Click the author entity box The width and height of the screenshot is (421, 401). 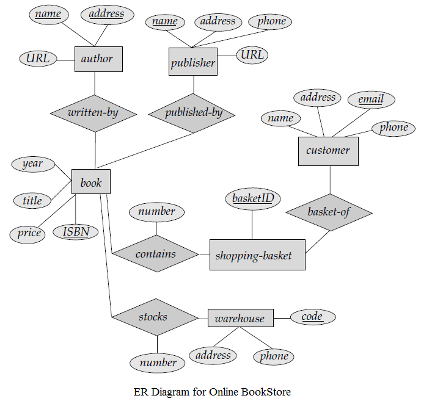(x=98, y=59)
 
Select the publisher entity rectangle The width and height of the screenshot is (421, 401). (x=192, y=62)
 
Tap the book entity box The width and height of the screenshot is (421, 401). (x=90, y=182)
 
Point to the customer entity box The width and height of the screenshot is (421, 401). (x=328, y=151)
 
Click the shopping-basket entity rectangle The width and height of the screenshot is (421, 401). (x=257, y=255)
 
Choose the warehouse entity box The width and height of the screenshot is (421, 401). (x=240, y=318)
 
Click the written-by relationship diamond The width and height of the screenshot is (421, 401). (x=93, y=113)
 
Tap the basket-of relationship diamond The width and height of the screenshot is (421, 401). (x=329, y=212)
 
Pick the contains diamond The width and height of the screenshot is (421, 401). (x=156, y=254)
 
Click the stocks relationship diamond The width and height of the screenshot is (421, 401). (x=153, y=317)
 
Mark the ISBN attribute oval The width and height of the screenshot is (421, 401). (x=76, y=232)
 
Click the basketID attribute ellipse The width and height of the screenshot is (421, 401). (x=252, y=199)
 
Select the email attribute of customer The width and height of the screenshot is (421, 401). (x=371, y=99)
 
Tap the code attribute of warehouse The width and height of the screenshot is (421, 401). (x=312, y=317)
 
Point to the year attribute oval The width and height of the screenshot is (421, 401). (x=32, y=164)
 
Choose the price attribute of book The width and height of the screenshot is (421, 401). (x=29, y=233)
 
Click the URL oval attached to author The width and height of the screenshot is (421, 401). (x=38, y=59)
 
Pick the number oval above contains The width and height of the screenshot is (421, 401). (x=156, y=212)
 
